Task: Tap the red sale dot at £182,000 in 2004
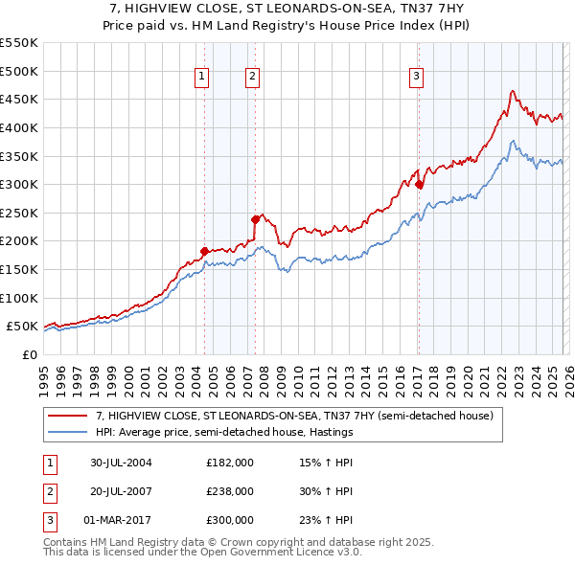[x=204, y=251]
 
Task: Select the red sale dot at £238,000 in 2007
[x=255, y=219]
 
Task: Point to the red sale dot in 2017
[x=419, y=184]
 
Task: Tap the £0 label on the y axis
[x=29, y=354]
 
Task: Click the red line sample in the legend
[x=68, y=417]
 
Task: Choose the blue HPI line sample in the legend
[x=68, y=433]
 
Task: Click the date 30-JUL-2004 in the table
[x=122, y=463]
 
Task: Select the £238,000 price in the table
[x=230, y=490]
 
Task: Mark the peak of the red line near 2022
[x=513, y=91]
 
